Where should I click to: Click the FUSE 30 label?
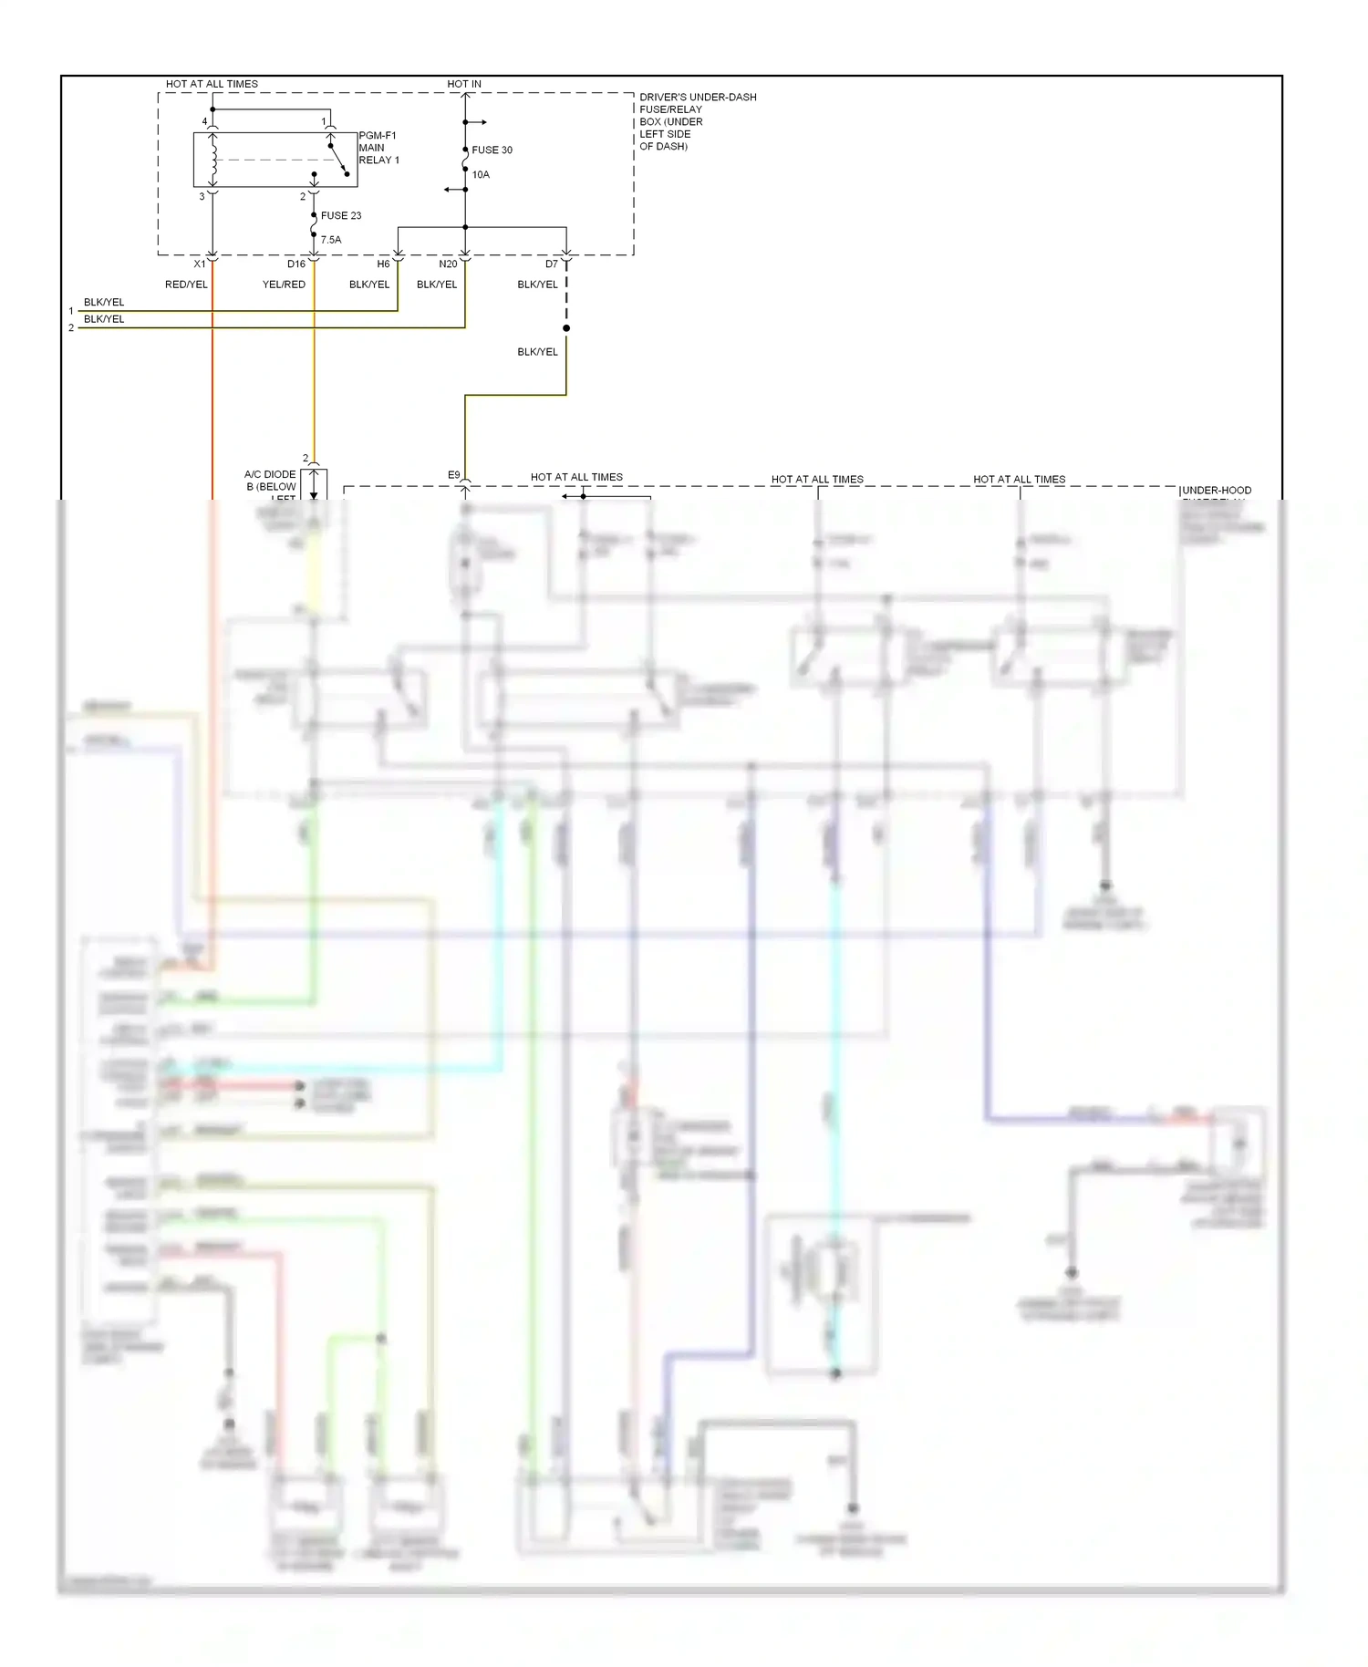[492, 150]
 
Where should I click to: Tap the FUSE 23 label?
[341, 216]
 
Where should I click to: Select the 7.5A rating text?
[330, 240]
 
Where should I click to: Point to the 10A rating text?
[481, 174]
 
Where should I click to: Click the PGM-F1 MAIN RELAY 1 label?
[378, 148]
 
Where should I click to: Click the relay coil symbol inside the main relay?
[213, 160]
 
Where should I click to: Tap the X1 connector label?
[200, 264]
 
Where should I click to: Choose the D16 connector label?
[296, 264]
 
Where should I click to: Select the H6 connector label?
[383, 264]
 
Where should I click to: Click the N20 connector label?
[448, 264]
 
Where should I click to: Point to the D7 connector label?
[552, 264]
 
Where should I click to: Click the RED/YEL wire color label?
[186, 285]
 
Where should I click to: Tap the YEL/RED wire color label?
[284, 285]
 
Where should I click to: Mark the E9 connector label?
[454, 475]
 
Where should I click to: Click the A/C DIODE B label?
[271, 481]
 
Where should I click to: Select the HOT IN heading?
[464, 84]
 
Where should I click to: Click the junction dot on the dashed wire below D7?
[566, 328]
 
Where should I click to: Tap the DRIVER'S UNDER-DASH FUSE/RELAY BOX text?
[698, 121]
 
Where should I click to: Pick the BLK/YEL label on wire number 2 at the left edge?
[104, 319]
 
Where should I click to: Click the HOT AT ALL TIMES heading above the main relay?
[212, 84]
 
